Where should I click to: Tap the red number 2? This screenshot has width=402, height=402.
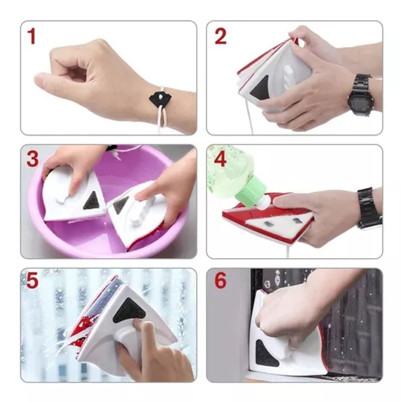(x=220, y=37)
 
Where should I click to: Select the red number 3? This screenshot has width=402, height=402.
(x=32, y=159)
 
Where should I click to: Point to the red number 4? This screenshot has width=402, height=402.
(x=220, y=159)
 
